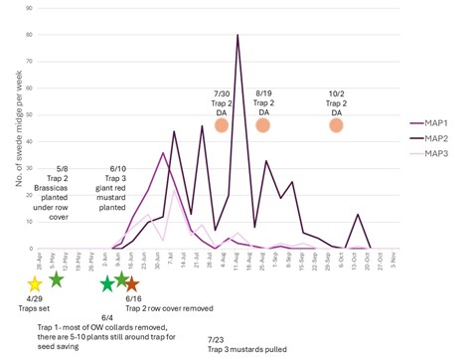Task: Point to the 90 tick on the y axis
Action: coord(27,8)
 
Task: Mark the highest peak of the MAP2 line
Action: coord(237,35)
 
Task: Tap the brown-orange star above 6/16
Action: coord(132,284)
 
